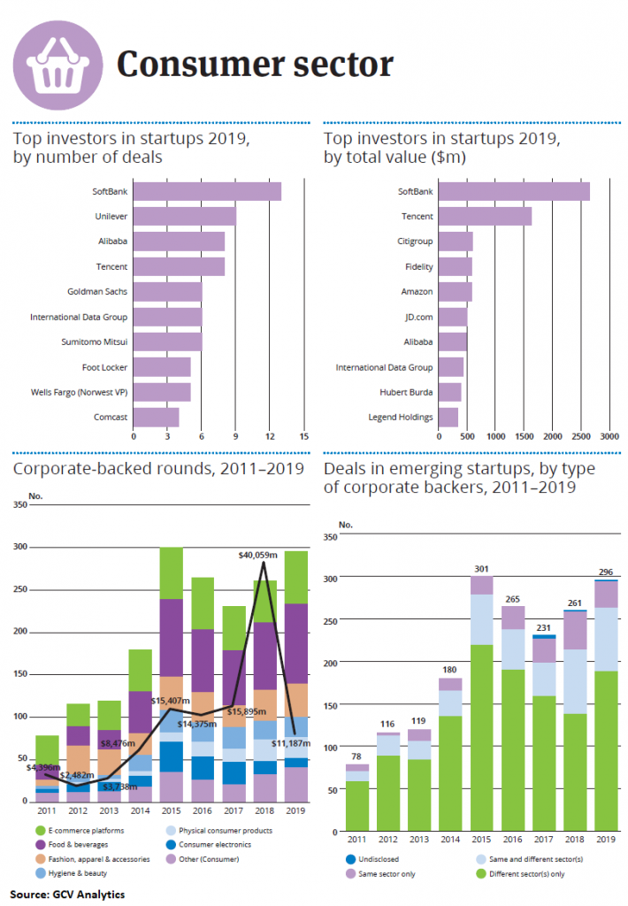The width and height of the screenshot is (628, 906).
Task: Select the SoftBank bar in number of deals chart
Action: (x=207, y=191)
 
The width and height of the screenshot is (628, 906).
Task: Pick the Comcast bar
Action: (x=157, y=417)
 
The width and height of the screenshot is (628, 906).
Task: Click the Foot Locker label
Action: (x=110, y=366)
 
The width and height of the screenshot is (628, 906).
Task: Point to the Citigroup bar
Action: (x=456, y=241)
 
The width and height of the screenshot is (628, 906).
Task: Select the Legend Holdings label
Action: (x=401, y=417)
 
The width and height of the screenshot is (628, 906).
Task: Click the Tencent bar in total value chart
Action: (x=485, y=216)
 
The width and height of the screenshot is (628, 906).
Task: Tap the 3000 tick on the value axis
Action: (x=609, y=437)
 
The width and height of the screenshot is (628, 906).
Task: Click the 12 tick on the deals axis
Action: (x=270, y=436)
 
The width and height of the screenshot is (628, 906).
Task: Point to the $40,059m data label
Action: (x=258, y=555)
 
